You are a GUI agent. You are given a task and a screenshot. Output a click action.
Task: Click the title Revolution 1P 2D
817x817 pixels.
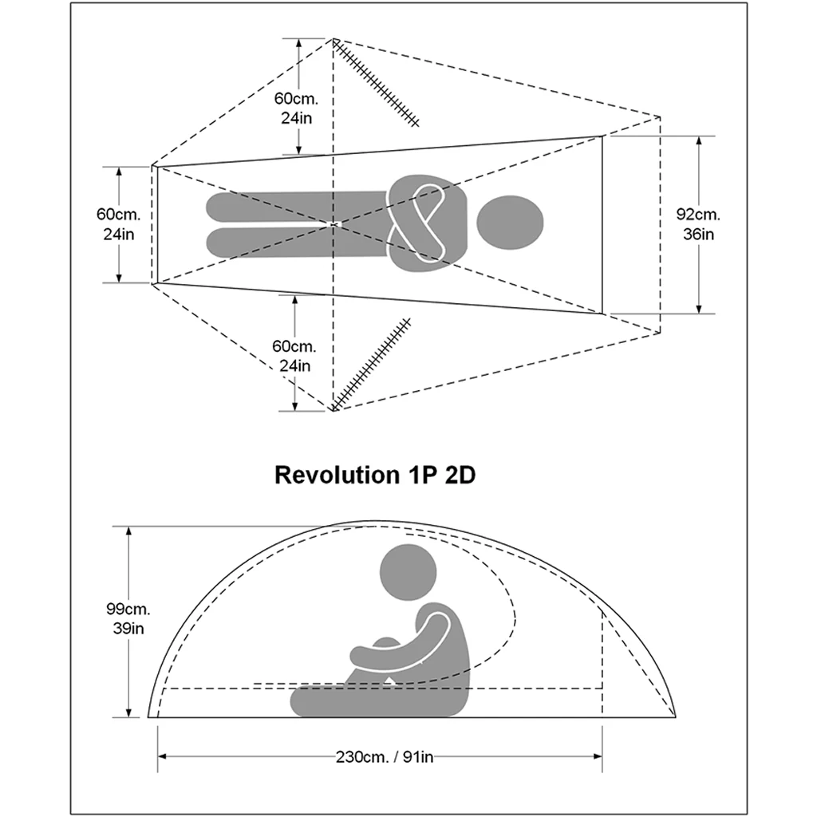(375, 475)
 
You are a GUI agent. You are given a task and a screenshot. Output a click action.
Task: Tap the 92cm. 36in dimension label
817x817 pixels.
(698, 224)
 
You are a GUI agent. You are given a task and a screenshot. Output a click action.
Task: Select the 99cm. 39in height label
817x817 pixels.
(127, 618)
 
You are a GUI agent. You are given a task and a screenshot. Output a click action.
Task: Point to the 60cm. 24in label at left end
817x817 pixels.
(118, 224)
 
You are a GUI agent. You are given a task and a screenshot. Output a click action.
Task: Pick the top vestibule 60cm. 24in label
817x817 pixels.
(296, 108)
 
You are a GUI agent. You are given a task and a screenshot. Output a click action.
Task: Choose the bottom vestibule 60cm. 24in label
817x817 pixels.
(294, 357)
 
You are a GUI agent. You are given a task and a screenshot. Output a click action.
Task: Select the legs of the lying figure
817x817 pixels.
(295, 223)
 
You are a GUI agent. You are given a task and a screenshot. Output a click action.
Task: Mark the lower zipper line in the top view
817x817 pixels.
(372, 364)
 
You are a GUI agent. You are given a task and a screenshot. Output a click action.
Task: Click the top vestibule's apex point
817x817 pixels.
(334, 39)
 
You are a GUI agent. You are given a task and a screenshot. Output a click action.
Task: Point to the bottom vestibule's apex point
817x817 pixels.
(332, 410)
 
